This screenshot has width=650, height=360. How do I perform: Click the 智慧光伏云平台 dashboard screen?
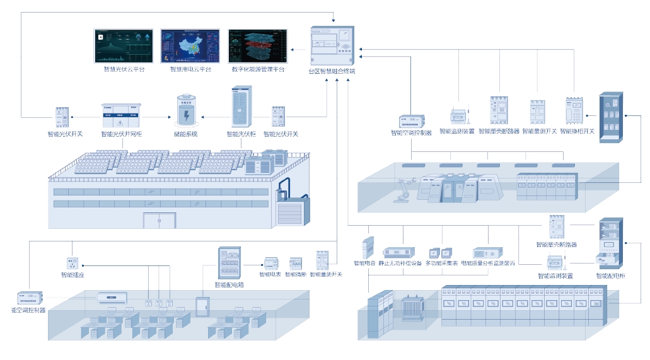coord(124,45)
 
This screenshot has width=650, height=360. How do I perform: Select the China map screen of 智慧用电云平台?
coord(190,45)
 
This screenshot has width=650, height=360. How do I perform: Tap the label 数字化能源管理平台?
coord(258,69)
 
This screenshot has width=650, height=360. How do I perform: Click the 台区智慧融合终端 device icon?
coord(332,46)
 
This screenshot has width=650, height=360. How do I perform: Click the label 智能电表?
coord(270,274)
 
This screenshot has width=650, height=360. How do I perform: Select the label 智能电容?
coord(365,264)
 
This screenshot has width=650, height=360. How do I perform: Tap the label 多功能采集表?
coord(441,264)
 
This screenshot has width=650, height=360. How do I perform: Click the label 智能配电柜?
coord(611,276)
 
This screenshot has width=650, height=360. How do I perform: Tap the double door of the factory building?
coord(159,220)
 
